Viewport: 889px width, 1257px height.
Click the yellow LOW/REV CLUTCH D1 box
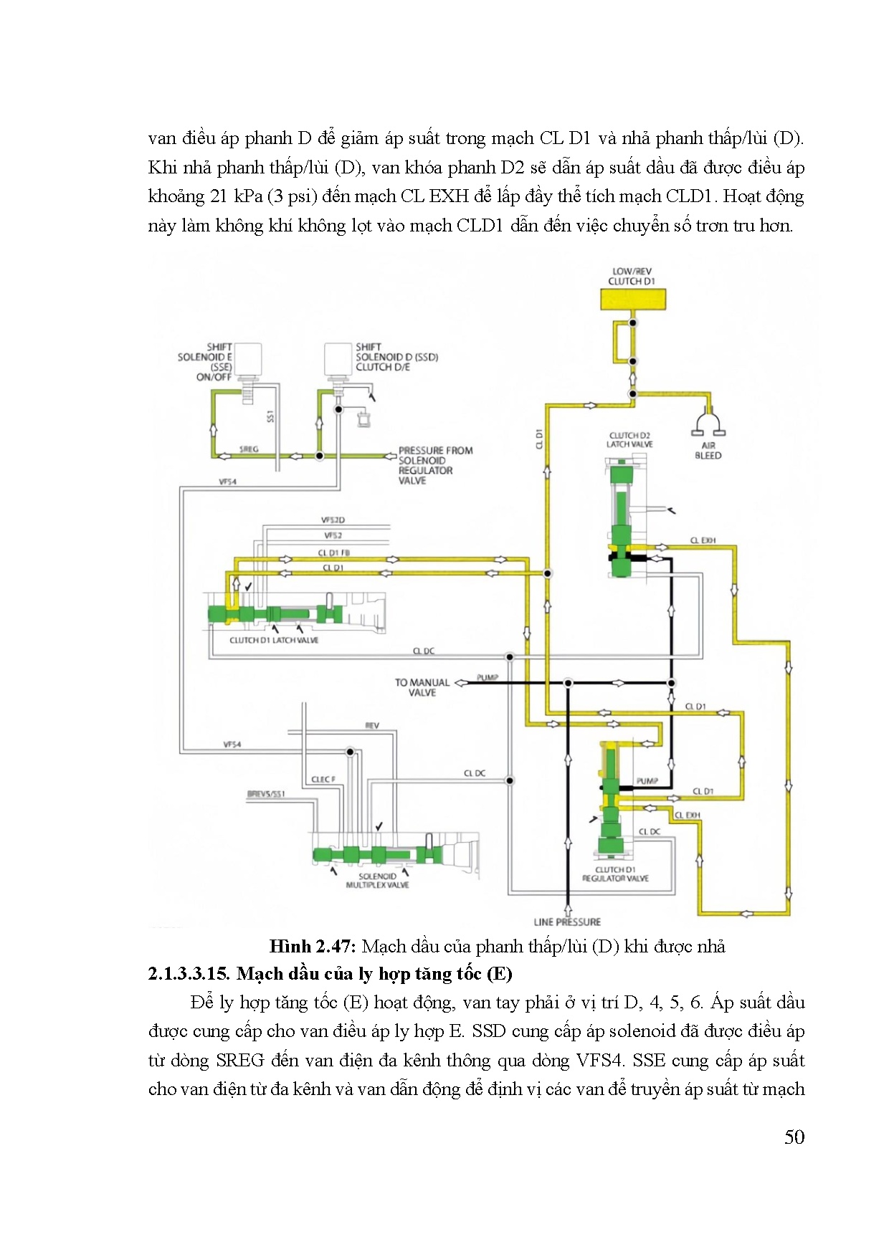(x=632, y=299)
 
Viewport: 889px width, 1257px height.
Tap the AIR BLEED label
(x=708, y=450)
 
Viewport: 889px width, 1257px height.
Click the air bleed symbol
(x=708, y=424)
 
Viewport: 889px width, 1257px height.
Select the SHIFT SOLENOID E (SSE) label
(x=206, y=361)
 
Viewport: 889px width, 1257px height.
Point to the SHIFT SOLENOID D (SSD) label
(x=396, y=357)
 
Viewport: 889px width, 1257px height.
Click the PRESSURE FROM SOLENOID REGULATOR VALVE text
(x=435, y=465)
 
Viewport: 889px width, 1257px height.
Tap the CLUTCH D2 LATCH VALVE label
(x=629, y=439)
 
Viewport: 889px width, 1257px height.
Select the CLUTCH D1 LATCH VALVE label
(x=274, y=640)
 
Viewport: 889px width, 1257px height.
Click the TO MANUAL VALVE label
(x=422, y=687)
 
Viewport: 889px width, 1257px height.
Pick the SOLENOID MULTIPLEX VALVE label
(x=377, y=880)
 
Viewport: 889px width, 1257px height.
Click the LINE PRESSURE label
(x=567, y=922)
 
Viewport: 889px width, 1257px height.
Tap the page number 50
(x=794, y=1137)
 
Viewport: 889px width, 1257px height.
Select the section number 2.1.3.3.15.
(x=189, y=974)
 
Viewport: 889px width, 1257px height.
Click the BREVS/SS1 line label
(x=266, y=794)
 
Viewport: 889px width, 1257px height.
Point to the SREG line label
(x=249, y=449)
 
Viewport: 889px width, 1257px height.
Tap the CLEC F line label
(x=323, y=780)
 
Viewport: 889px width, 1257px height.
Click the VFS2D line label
(x=333, y=520)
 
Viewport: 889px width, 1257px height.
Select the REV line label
(x=371, y=726)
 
